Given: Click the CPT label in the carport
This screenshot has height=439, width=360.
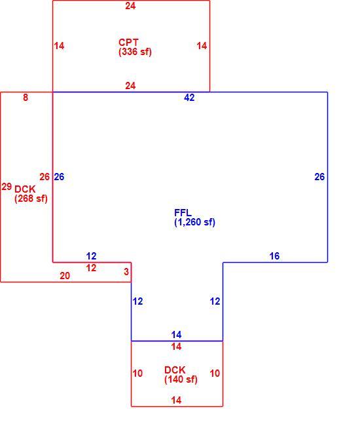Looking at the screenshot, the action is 128,43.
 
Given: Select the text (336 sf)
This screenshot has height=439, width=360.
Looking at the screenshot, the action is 135,52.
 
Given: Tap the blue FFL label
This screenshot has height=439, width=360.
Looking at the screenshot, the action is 183,213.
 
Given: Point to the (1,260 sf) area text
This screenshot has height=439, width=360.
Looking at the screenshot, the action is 194,222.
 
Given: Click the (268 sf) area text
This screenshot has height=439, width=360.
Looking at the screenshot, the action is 31,199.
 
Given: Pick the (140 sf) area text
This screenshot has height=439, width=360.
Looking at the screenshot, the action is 181,379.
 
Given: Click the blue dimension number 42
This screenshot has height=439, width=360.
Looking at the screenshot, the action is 189,98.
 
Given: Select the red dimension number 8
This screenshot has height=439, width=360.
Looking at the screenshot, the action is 26,98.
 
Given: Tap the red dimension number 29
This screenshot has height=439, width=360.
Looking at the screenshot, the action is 7,187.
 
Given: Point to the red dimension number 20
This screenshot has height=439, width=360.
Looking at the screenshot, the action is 65,276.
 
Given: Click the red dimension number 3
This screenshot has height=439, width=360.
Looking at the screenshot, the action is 126,271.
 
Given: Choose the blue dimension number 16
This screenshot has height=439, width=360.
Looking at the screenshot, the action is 274,256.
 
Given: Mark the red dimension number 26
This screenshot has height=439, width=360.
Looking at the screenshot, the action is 45,177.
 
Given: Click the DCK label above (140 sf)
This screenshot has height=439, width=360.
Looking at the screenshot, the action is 175,370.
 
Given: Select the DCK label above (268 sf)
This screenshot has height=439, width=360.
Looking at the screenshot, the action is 25,189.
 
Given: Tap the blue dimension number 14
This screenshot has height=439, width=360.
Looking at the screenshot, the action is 176,335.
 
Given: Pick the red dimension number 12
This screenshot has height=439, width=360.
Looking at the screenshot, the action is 91,268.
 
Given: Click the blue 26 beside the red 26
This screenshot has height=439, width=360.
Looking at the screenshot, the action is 59,177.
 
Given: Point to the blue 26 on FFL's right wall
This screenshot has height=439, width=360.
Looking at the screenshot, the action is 319,177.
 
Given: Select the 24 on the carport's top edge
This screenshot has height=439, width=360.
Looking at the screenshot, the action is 130,6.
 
